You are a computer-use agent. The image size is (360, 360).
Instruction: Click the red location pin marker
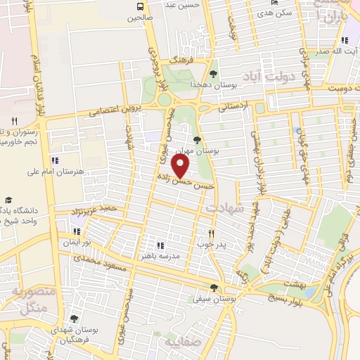181,166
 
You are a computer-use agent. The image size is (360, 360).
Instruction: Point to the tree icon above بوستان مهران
197,139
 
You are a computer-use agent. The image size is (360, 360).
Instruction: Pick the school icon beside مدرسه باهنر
160,245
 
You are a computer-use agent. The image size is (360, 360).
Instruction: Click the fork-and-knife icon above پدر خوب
210,233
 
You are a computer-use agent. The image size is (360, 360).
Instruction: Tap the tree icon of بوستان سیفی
214,287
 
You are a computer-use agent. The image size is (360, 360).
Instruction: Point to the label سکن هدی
274,13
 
